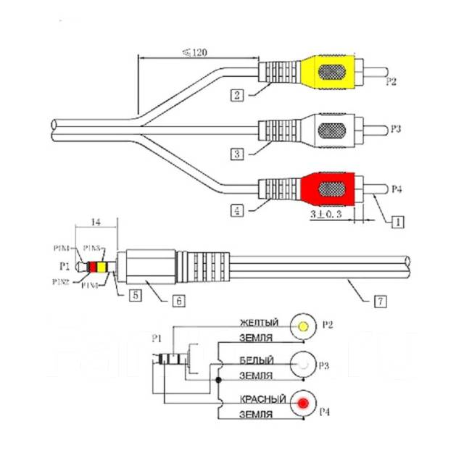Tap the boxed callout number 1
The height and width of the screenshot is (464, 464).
396,223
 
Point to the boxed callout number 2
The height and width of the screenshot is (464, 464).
236,94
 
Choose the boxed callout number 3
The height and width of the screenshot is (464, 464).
236,153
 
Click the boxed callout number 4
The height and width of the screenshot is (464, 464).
236,212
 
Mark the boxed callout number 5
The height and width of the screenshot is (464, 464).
135,295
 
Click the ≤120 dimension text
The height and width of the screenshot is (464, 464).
191,51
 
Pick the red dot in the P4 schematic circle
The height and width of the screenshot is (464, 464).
304,404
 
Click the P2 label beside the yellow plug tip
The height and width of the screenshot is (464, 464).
391,81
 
